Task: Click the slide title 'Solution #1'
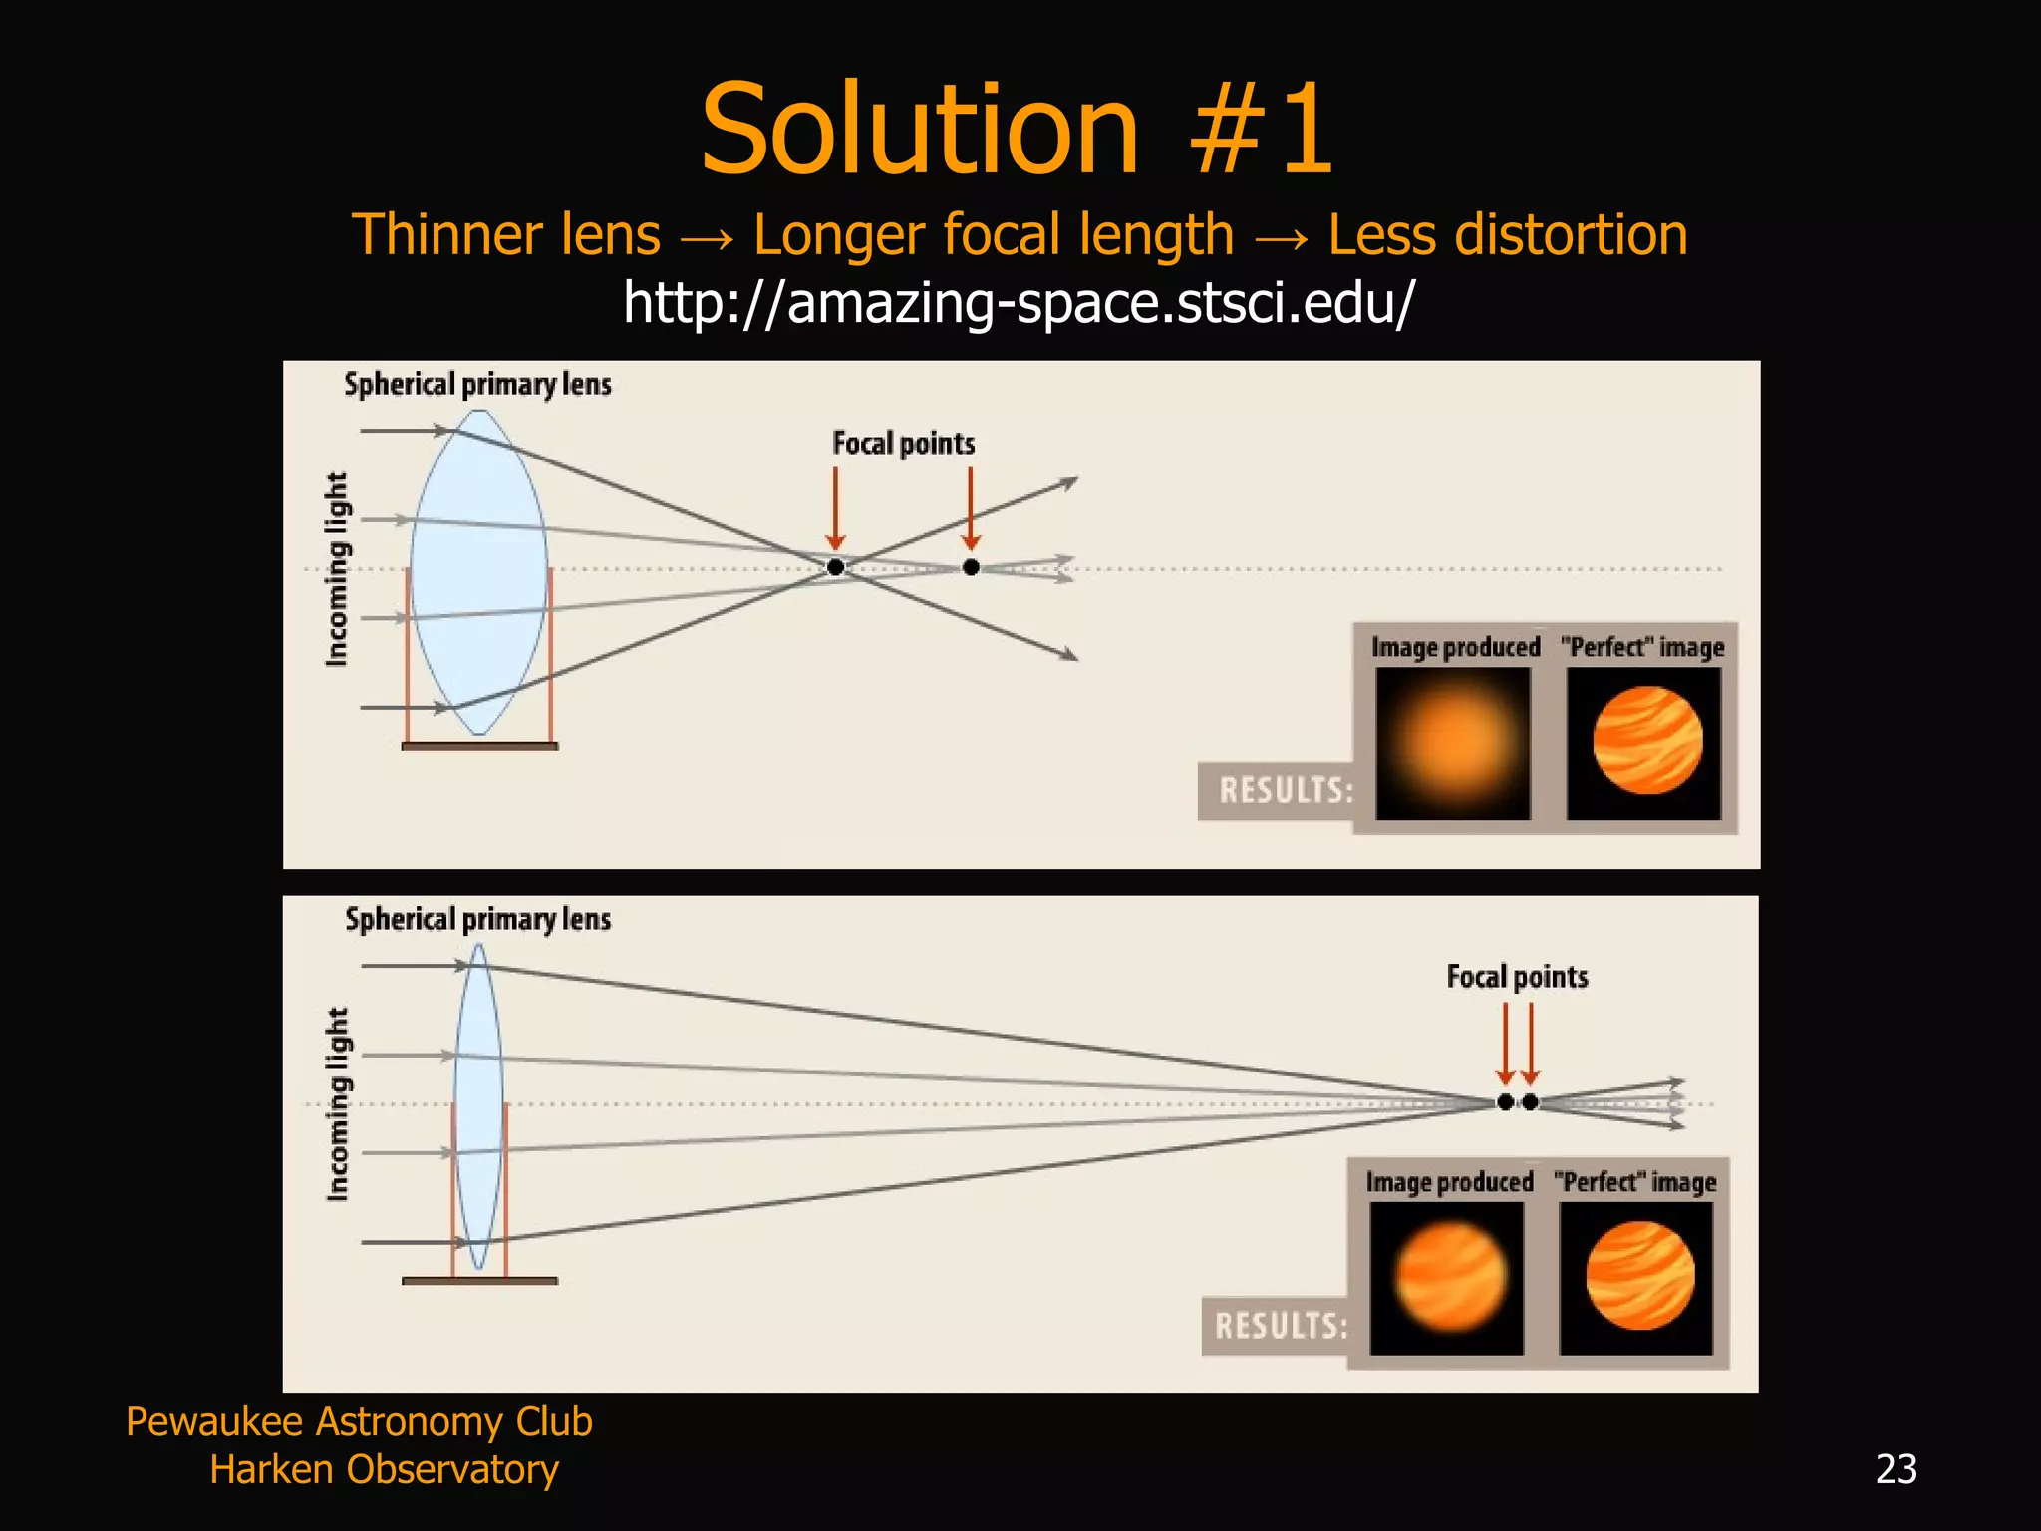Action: [1017, 130]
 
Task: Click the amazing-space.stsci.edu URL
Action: [1019, 302]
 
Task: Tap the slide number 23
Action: [1895, 1469]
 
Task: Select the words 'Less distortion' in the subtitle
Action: [1507, 235]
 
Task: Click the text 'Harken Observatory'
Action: [384, 1469]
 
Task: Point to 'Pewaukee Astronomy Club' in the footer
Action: [359, 1421]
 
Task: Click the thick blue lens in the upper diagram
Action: [478, 572]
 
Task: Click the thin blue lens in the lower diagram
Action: [478, 1106]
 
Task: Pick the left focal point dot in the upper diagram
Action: [836, 567]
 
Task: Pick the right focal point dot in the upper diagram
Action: [971, 567]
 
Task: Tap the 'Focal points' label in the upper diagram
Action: [903, 444]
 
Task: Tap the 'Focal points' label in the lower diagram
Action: [1517, 977]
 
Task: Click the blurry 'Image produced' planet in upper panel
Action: [1453, 744]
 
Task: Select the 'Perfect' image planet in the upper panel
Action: [1646, 742]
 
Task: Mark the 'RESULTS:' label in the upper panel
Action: [1286, 791]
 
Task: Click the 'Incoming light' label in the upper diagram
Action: [337, 569]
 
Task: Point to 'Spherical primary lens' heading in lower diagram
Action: [477, 919]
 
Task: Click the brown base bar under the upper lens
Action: [479, 746]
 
